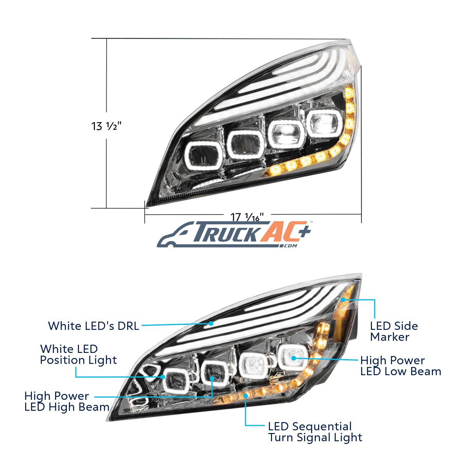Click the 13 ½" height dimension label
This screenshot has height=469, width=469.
tap(106, 126)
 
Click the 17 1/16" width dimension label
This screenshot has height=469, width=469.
tap(247, 217)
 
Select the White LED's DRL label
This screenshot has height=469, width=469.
tap(94, 326)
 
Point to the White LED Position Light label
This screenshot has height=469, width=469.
tap(79, 354)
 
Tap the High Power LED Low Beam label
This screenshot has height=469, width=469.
tap(401, 366)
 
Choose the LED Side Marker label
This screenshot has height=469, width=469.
tap(394, 331)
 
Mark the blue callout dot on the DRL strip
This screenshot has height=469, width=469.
tap(211, 324)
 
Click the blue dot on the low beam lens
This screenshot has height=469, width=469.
tap(294, 358)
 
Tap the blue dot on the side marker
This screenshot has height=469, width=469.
tap(343, 300)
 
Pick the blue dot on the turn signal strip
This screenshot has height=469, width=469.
tap(246, 396)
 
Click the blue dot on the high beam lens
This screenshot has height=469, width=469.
tap(212, 379)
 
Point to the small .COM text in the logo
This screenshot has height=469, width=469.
tap(289, 246)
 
